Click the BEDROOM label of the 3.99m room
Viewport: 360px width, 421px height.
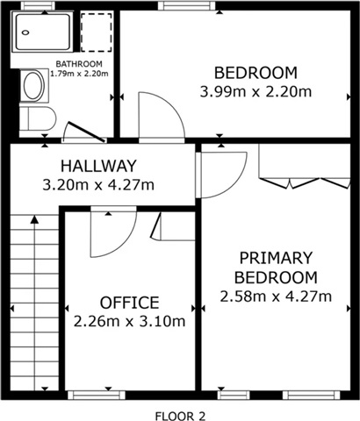click(256, 73)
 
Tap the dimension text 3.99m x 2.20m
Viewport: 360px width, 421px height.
click(256, 92)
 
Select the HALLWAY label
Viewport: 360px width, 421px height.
click(98, 166)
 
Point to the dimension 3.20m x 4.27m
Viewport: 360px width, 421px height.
click(98, 185)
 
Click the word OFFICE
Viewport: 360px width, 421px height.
click(130, 303)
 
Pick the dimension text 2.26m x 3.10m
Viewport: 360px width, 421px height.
click(129, 322)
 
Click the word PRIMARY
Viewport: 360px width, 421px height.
click(276, 258)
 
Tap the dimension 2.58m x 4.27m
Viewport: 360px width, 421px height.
click(276, 296)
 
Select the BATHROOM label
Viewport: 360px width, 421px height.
click(79, 64)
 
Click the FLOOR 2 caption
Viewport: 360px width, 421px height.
click(180, 416)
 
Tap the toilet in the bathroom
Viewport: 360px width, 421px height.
click(38, 119)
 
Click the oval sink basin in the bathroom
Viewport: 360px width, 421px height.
click(33, 86)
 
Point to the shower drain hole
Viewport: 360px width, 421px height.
click(25, 32)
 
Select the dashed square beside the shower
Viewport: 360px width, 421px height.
click(96, 32)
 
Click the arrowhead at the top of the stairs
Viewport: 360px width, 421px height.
click(35, 219)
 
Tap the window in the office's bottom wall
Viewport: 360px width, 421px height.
click(97, 396)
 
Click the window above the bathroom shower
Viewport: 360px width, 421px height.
click(38, 5)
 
